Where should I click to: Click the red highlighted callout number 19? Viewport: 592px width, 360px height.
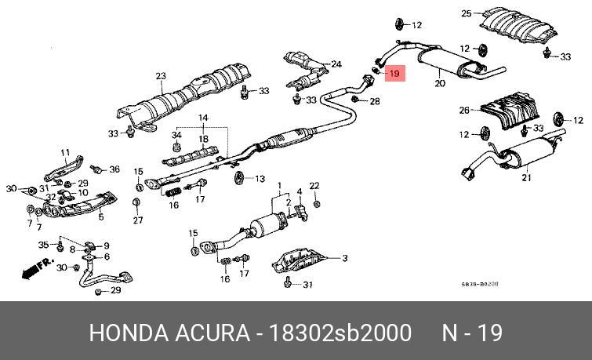(394, 74)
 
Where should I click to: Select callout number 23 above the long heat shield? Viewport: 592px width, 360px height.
(161, 76)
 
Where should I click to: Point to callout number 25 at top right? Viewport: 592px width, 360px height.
(466, 13)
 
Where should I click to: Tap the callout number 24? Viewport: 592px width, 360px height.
(336, 64)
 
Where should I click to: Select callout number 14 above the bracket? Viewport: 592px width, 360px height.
(204, 118)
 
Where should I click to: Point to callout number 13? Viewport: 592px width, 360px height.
(260, 179)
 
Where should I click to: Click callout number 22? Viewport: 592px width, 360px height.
(315, 185)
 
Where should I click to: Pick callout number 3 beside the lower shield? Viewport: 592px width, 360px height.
(343, 257)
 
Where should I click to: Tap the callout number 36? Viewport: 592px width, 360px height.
(114, 169)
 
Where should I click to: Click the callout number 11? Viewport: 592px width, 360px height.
(65, 152)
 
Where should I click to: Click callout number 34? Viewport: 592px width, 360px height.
(176, 135)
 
